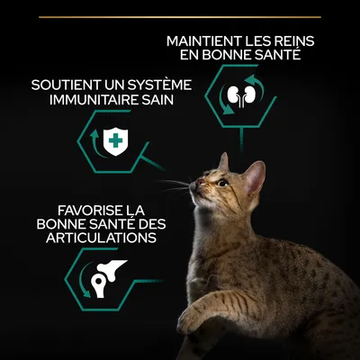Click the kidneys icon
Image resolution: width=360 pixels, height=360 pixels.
click(x=239, y=95)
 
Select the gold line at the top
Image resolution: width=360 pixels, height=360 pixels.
click(x=180, y=16)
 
